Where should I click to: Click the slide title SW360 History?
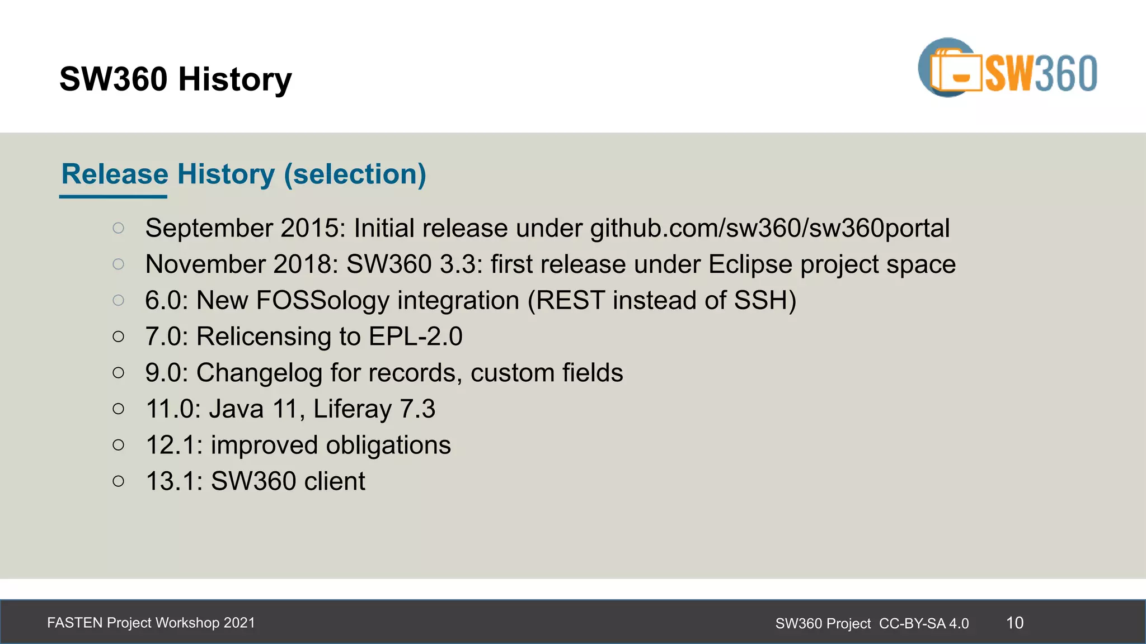[175, 79]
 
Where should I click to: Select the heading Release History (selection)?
[243, 174]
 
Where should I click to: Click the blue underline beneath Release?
[113, 197]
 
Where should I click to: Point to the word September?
[209, 229]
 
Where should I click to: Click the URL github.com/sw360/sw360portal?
[770, 229]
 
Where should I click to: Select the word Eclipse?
[750, 264]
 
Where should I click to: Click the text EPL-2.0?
[415, 337]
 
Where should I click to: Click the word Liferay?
[352, 409]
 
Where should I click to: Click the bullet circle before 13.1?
[118, 481]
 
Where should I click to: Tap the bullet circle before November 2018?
[118, 264]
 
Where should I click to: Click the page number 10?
[1015, 623]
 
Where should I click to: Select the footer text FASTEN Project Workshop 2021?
[151, 623]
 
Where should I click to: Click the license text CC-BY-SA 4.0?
[924, 623]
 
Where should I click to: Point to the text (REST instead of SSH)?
[662, 301]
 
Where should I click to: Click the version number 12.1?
[173, 446]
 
